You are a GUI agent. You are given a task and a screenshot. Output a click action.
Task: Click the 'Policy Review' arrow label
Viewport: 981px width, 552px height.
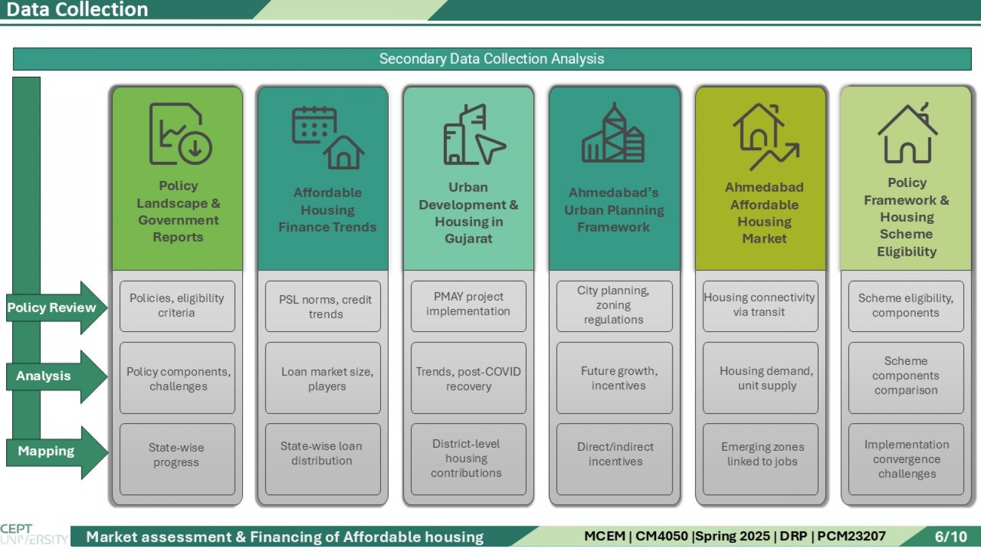pos(52,307)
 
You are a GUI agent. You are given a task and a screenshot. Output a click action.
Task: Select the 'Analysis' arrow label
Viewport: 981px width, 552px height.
pos(44,376)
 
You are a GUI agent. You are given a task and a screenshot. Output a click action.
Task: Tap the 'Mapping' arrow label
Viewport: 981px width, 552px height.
pos(46,451)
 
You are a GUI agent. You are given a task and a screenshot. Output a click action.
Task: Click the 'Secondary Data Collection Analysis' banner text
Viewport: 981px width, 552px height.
pos(491,59)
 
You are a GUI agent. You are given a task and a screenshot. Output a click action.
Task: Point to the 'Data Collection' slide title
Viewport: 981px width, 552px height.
pos(77,10)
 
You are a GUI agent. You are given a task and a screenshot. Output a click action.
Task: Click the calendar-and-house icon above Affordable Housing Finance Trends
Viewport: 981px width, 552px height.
pos(328,137)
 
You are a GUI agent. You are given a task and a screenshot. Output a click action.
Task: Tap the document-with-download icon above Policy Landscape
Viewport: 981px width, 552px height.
pos(180,134)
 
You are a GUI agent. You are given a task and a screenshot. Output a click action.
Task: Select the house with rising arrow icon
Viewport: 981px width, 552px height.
pos(766,137)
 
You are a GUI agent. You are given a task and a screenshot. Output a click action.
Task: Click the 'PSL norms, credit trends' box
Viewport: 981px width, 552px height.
pos(323,306)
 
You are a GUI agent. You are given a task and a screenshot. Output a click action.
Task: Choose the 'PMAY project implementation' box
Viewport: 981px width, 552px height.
pos(468,306)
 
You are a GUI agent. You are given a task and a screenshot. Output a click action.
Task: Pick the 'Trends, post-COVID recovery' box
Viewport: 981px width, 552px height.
pos(468,378)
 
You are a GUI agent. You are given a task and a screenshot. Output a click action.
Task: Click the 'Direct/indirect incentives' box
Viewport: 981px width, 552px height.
pos(614,459)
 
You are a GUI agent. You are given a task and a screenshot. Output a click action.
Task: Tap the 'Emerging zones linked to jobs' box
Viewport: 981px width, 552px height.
pos(760,459)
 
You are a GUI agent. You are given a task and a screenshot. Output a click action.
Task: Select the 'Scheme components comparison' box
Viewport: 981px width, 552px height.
pos(906,378)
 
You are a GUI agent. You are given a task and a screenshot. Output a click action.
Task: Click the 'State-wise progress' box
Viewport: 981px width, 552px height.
pos(177,459)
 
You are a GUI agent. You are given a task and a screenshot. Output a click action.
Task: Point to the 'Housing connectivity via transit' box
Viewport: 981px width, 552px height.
pos(760,306)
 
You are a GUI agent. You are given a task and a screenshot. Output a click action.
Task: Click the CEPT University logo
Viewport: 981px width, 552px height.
pos(34,534)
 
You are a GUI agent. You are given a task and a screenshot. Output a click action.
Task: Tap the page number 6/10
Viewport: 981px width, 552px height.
pos(951,537)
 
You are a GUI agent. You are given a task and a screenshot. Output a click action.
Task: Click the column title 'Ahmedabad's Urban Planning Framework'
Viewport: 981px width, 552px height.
pos(614,210)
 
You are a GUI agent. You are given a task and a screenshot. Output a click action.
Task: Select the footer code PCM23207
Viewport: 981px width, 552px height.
pos(852,536)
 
